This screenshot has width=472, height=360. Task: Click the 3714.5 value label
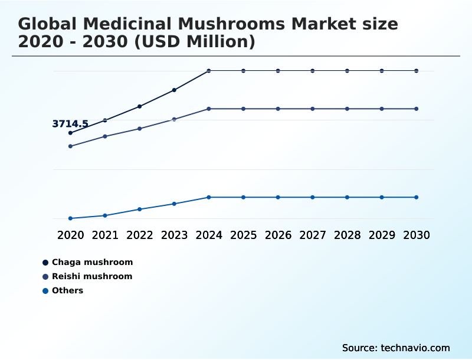70,124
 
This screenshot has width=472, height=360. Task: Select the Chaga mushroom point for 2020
70,133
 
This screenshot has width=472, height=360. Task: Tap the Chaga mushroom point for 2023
174,90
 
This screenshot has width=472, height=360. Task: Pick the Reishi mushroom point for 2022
140,129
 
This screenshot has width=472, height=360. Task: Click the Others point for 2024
209,197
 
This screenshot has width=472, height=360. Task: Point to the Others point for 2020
70,218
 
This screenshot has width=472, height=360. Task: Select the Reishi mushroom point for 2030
417,109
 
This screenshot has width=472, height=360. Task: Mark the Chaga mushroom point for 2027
313,71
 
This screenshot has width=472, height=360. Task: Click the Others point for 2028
348,197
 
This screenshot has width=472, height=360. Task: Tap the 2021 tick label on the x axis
105,235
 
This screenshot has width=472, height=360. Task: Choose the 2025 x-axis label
244,235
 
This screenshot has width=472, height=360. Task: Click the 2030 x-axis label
417,235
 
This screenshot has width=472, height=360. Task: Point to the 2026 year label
278,235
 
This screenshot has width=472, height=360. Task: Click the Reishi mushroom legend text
92,276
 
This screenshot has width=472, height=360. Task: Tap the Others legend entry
67,290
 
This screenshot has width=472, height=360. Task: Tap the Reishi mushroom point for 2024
209,109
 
